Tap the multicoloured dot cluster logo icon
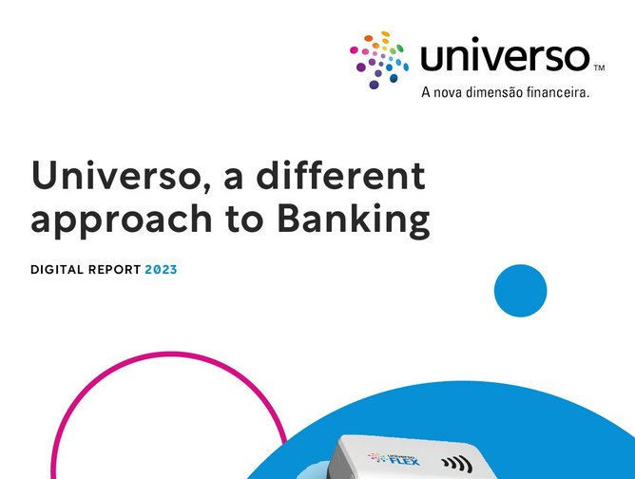(380, 58)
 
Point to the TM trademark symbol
(599, 68)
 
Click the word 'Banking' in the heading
(353, 220)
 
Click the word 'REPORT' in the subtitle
(114, 270)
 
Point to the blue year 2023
(161, 270)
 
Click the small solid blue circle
(521, 290)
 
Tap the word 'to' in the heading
(248, 220)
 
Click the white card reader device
(418, 461)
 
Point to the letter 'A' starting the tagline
(425, 92)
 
